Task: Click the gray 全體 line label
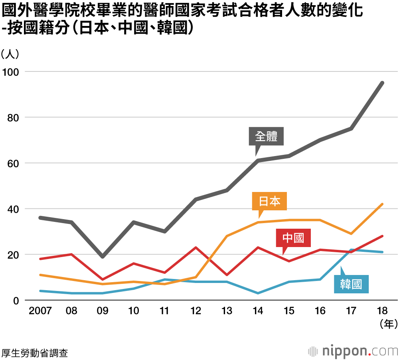tap(266, 136)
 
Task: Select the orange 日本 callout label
tap(270, 202)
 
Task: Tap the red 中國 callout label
tap(293, 238)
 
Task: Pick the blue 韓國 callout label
tap(351, 285)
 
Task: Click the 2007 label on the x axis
tap(40, 311)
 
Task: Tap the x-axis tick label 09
tap(102, 311)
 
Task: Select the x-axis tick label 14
tap(258, 311)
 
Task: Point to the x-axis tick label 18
tap(383, 311)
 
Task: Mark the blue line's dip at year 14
tap(258, 293)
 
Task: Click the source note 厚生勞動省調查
tap(34, 353)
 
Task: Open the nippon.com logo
tap(353, 351)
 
